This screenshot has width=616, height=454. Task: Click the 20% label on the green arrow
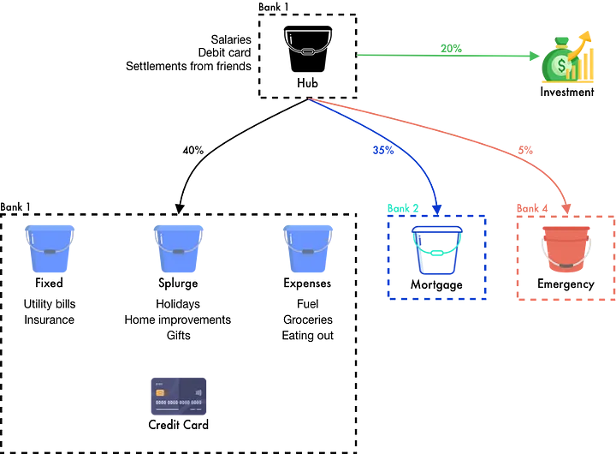[x=451, y=49]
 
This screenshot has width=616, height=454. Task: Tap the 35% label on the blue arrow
[x=382, y=150]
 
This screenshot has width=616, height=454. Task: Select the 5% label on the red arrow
[x=525, y=150]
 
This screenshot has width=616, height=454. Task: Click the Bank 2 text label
[x=402, y=208]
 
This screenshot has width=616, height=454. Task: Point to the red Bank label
[x=529, y=208]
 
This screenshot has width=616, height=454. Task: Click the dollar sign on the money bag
[x=561, y=65]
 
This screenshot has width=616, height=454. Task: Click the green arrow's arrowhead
[x=536, y=57]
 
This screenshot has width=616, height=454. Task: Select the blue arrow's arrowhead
[x=436, y=208]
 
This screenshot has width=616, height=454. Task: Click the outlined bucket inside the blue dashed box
[x=436, y=250]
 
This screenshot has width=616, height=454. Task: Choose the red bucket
[x=566, y=248]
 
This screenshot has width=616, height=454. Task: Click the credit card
[x=180, y=395]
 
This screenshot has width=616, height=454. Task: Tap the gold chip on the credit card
[x=160, y=392]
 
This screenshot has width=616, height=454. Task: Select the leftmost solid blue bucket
[x=49, y=248]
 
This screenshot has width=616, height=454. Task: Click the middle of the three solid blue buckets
[x=179, y=248]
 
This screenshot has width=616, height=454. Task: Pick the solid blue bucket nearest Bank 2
[x=308, y=248]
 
